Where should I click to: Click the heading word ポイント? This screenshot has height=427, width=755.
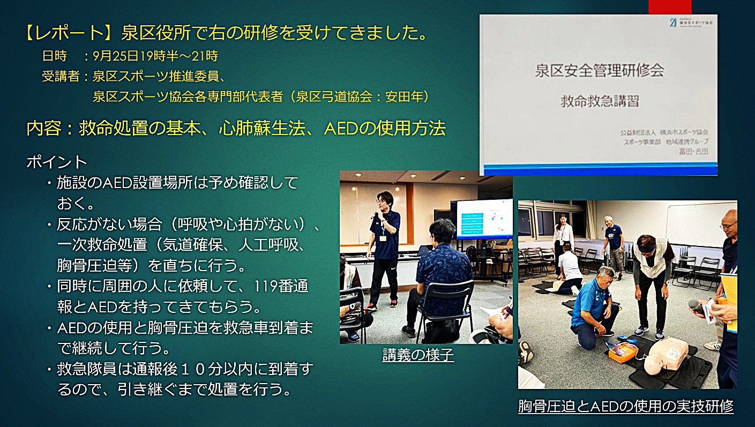(57, 162)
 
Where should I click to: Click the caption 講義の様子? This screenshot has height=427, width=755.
(418, 355)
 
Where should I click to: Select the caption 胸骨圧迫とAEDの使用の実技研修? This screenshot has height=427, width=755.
(625, 406)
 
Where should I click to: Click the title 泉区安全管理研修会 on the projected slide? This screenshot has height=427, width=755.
(599, 70)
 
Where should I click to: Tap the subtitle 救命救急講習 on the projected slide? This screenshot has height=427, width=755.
(600, 101)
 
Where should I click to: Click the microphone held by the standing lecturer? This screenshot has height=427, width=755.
(374, 215)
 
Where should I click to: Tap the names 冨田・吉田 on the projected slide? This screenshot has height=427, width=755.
(693, 152)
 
